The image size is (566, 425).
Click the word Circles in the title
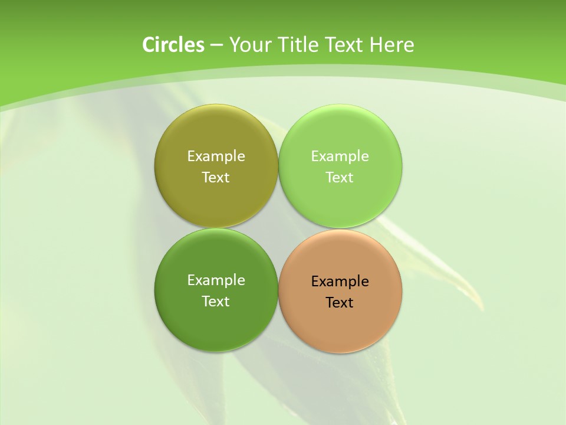pyautogui.click(x=173, y=45)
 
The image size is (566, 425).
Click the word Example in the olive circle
pyautogui.click(x=216, y=156)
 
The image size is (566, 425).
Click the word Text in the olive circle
pyautogui.click(x=216, y=178)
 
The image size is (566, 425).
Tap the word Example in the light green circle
pyautogui.click(x=340, y=156)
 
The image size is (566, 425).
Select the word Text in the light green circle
pyautogui.click(x=340, y=178)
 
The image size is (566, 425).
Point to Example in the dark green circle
pyautogui.click(x=216, y=280)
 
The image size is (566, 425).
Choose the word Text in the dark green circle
pyautogui.click(x=216, y=302)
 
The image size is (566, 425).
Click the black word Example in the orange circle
pyautogui.click(x=340, y=282)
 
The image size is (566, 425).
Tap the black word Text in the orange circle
pyautogui.click(x=340, y=303)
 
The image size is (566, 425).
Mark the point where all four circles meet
pyautogui.click(x=278, y=228)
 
